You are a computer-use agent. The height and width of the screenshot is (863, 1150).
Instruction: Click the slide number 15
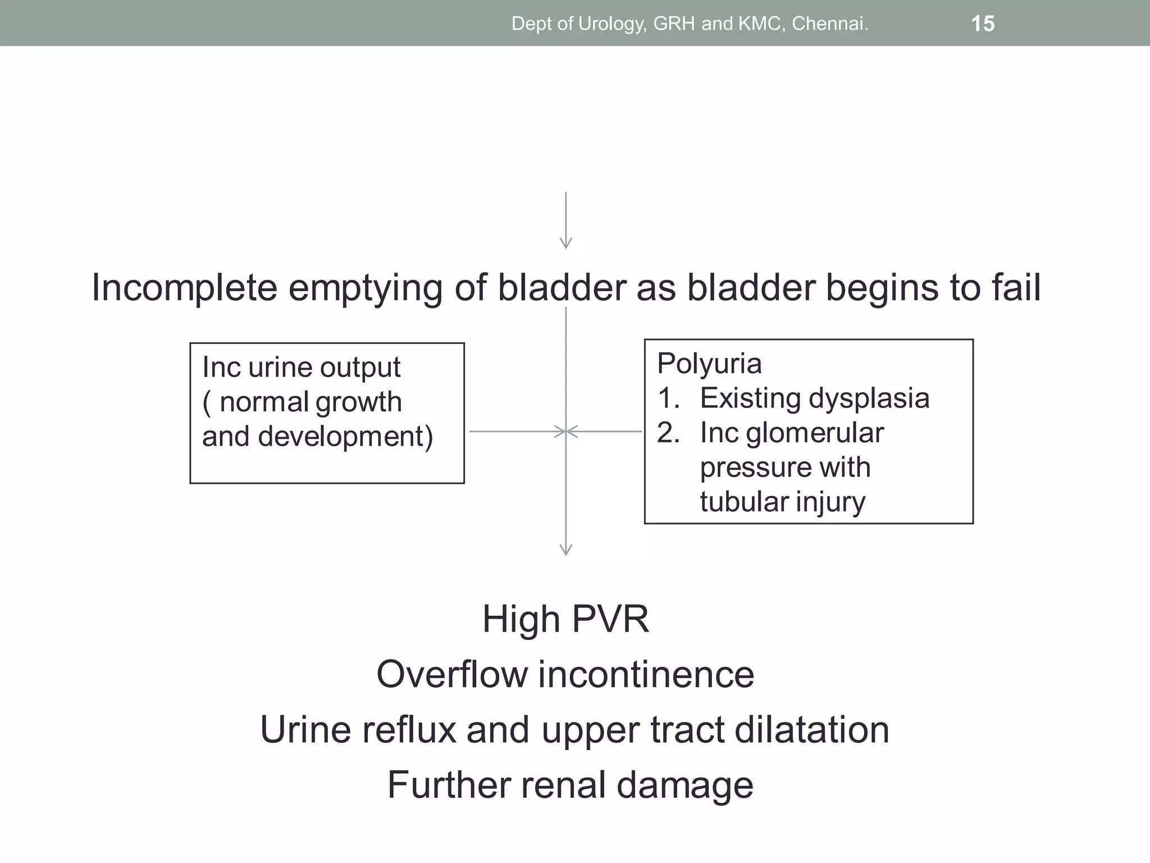tap(983, 24)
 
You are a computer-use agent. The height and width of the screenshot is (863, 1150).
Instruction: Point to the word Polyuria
tap(709, 364)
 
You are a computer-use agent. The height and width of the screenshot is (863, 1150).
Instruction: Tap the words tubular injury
tap(782, 502)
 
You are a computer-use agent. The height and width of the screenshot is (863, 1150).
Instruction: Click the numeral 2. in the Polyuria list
tap(668, 433)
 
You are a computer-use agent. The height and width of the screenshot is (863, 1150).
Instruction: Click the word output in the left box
tap(360, 368)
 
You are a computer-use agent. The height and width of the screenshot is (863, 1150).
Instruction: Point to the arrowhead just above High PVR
tap(566, 549)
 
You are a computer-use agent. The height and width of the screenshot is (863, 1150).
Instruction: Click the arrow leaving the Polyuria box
tap(606, 431)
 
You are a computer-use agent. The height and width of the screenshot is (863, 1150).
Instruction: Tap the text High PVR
tap(565, 619)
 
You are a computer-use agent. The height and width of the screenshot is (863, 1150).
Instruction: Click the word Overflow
tap(451, 674)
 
